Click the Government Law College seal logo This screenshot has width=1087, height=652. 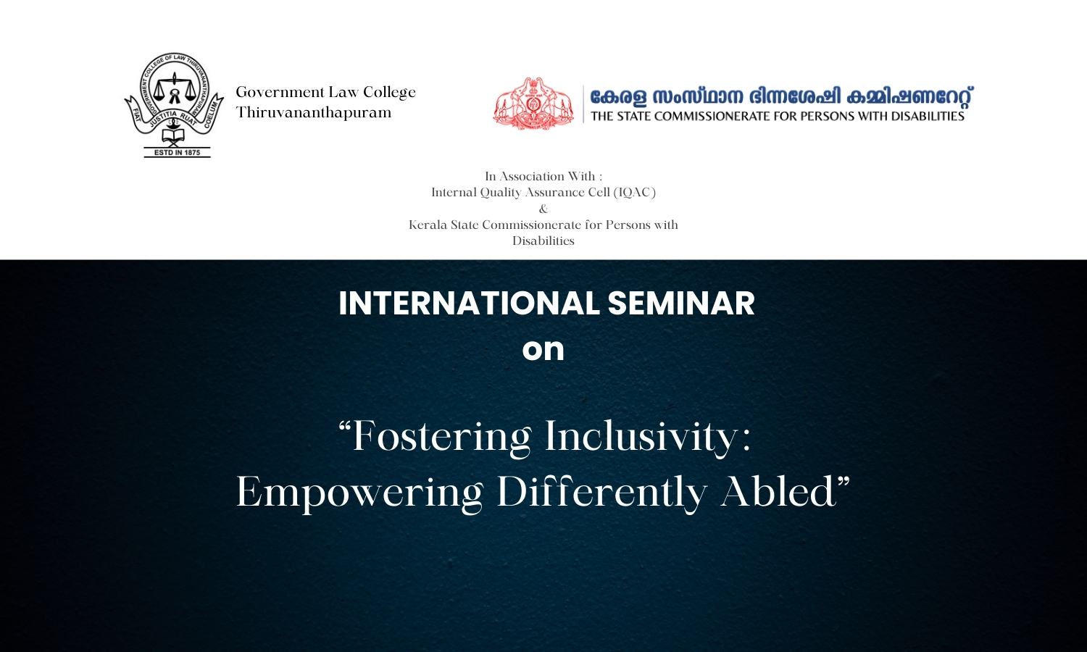[x=174, y=104]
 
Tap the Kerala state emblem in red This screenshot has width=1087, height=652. [x=533, y=104]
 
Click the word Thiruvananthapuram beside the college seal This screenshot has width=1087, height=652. [x=313, y=113]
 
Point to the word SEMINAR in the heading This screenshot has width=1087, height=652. [x=680, y=304]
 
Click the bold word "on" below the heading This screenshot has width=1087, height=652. [x=543, y=349]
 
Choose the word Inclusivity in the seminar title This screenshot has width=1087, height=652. [x=648, y=437]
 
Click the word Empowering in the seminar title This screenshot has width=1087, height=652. [x=359, y=493]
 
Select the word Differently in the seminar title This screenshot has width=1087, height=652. [x=601, y=493]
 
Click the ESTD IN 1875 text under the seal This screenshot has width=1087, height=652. [x=177, y=153]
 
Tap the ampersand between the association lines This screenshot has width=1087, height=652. [x=543, y=209]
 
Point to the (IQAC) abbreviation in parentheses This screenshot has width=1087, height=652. [x=634, y=193]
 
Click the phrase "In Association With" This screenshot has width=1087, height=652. [x=543, y=176]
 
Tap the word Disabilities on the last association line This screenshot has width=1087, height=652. [x=543, y=241]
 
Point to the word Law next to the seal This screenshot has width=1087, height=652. [x=343, y=92]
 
